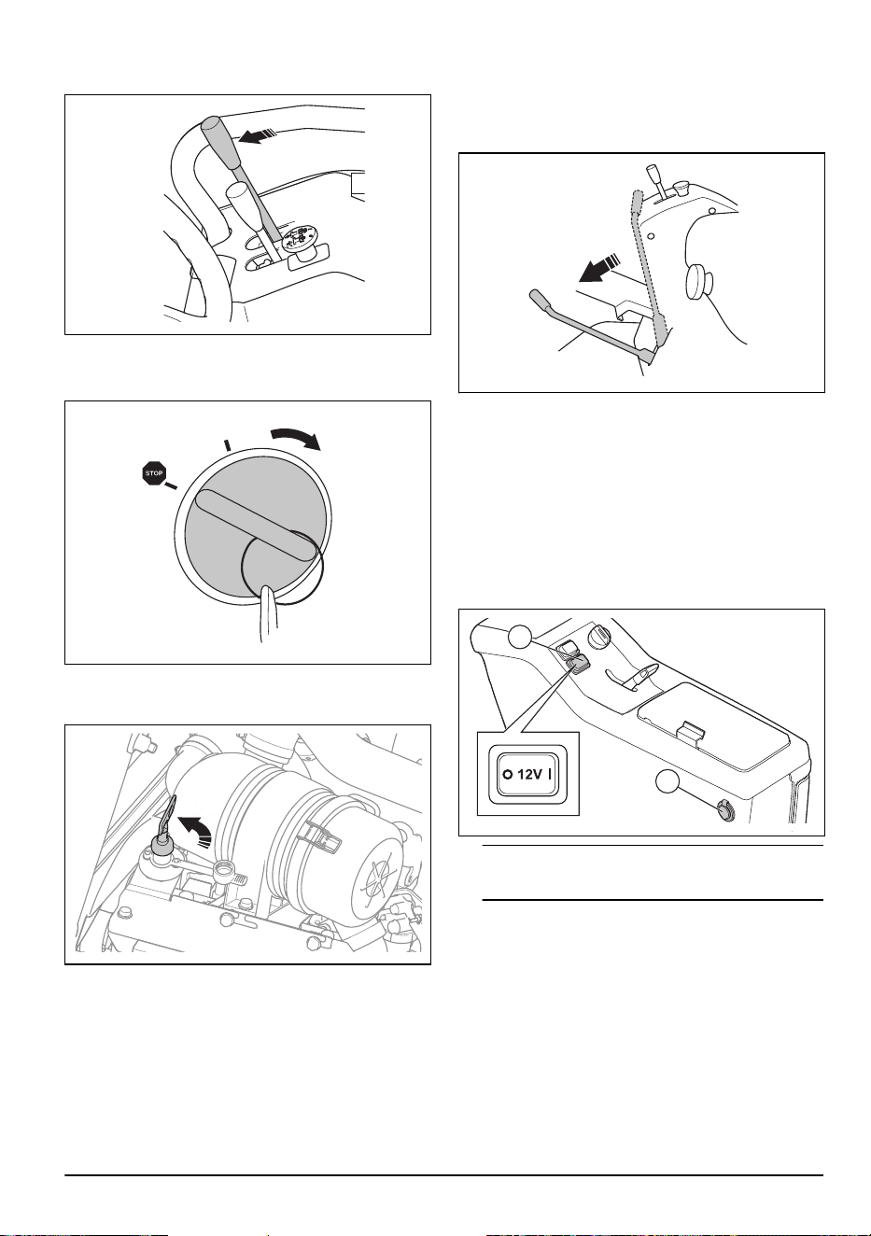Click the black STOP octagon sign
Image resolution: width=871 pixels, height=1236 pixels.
[x=154, y=473]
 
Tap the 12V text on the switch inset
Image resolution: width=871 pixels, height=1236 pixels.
[x=529, y=775]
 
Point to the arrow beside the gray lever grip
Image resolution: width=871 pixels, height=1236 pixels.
[x=258, y=136]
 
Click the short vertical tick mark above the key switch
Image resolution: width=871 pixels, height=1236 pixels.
[x=226, y=444]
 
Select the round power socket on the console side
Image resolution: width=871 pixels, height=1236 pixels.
[x=724, y=810]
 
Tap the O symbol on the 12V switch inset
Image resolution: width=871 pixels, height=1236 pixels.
[x=507, y=775]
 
